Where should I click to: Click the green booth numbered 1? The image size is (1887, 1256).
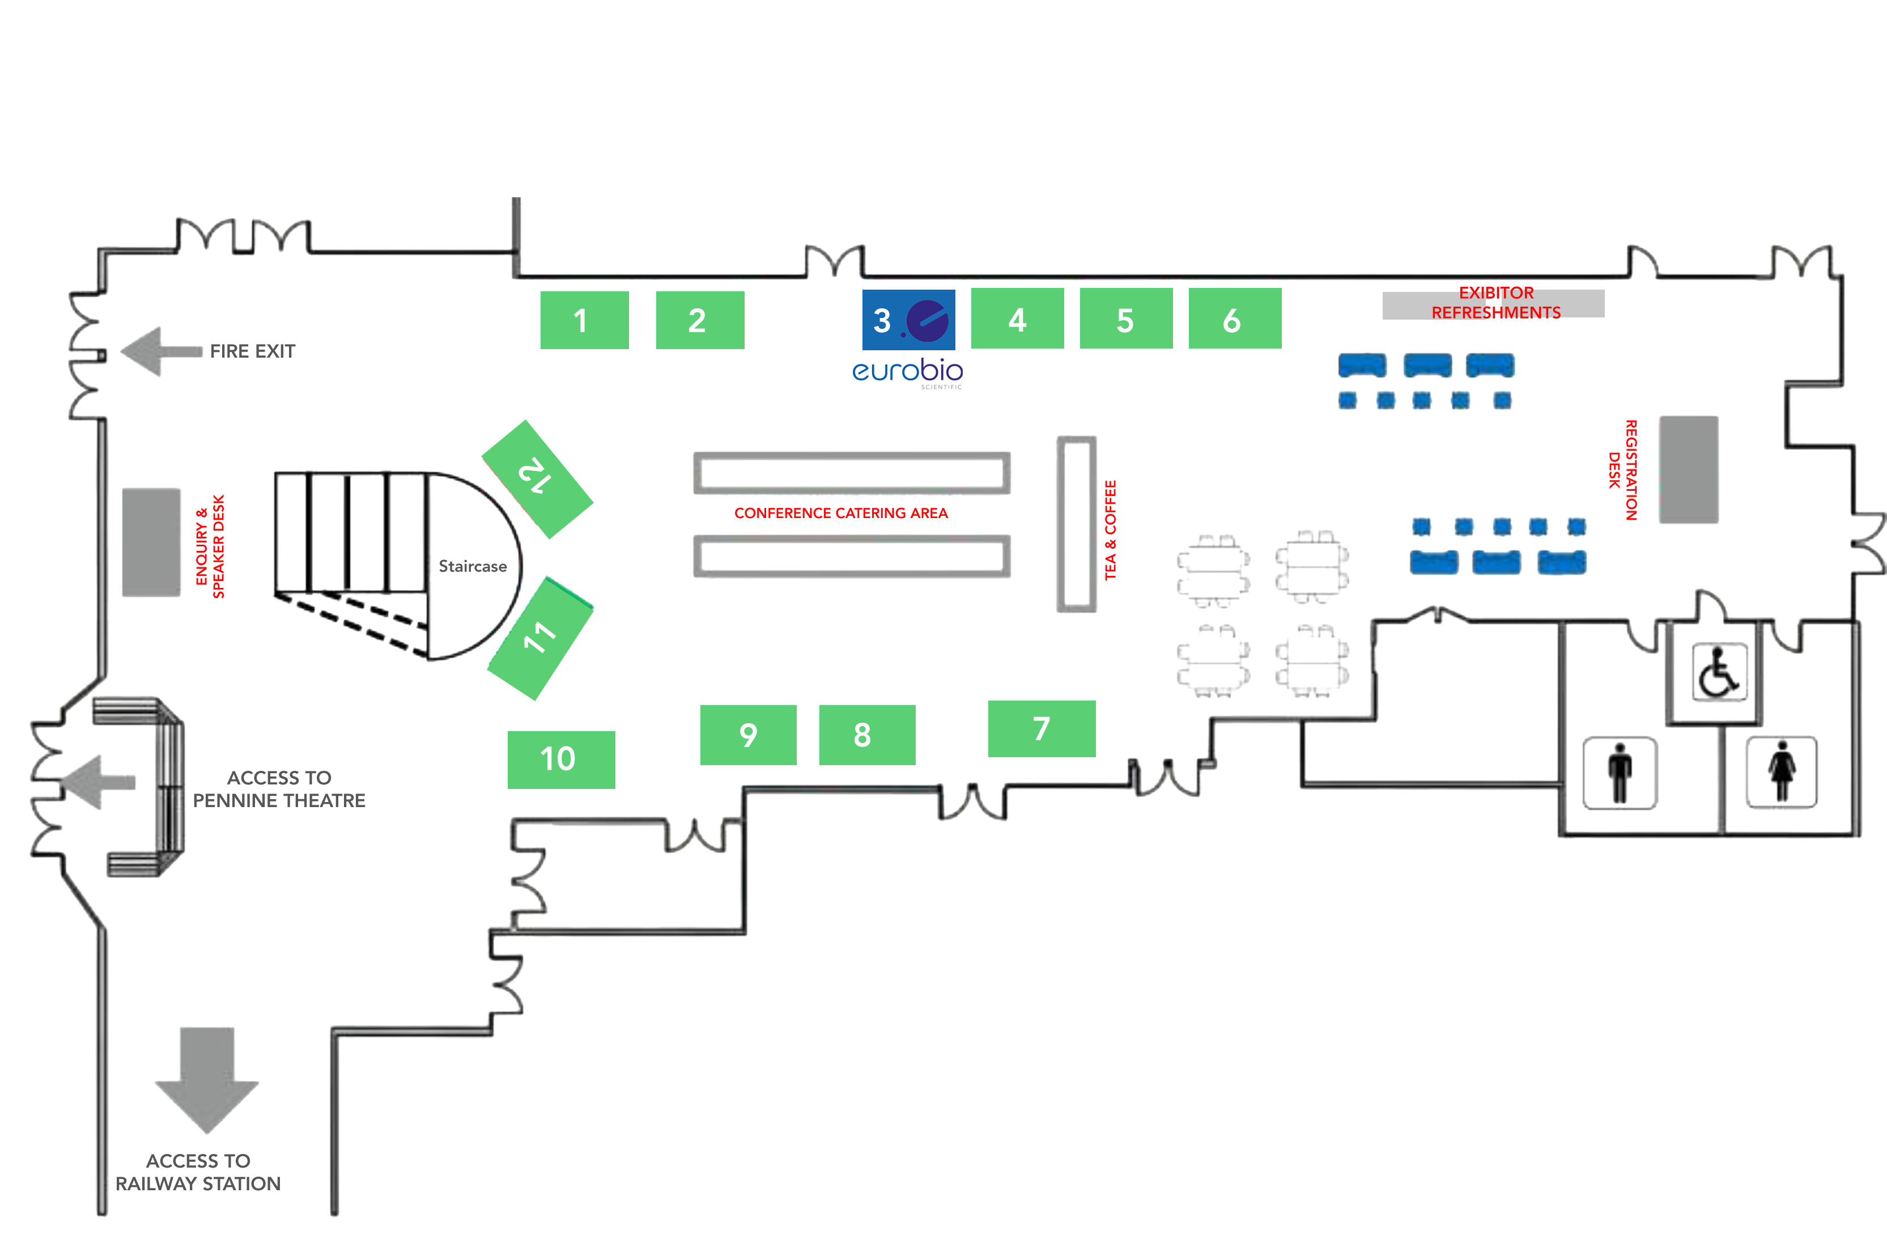click(x=584, y=320)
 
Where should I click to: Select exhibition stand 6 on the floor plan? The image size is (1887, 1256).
click(x=1234, y=319)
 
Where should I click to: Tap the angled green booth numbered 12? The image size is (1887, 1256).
click(x=537, y=478)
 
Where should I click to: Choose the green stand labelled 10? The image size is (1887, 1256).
click(x=560, y=759)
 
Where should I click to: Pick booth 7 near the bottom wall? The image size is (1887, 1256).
click(x=1041, y=729)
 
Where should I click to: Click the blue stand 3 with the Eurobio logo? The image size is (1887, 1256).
click(x=908, y=320)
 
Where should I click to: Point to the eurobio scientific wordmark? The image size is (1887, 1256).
click(x=907, y=372)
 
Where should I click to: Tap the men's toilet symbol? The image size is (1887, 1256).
click(x=1620, y=773)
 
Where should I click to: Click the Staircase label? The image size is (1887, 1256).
click(x=473, y=566)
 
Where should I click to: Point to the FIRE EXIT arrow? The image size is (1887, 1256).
click(x=160, y=351)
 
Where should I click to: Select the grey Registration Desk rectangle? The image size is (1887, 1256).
click(x=1688, y=469)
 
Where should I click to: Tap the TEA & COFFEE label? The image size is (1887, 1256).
click(x=1110, y=529)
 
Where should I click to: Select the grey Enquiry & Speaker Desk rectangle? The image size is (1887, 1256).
click(x=151, y=542)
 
